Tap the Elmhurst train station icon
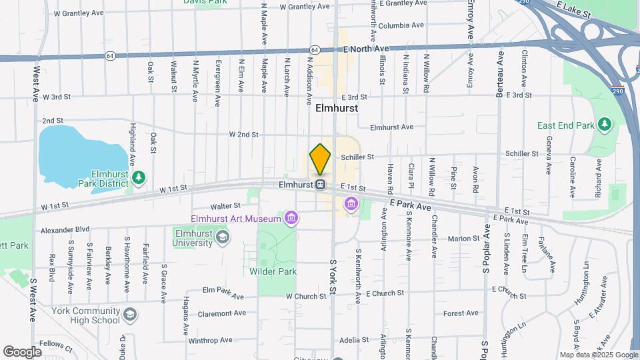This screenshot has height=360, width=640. click(321, 185)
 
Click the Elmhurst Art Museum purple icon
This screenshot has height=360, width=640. click(291, 217)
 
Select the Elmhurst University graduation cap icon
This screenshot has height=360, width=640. click(222, 237)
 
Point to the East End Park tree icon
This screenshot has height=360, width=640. click(604, 124)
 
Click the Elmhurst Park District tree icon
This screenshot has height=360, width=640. click(139, 177)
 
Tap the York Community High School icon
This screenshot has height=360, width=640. click(131, 315)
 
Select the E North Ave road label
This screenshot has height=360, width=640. click(366, 49)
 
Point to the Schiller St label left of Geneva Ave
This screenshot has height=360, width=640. click(522, 153)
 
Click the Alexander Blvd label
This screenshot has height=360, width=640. click(65, 229)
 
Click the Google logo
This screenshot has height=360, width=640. click(22, 351)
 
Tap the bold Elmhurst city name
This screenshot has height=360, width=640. click(337, 108)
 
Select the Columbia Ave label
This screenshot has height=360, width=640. click(401, 25)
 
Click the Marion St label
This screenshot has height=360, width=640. click(464, 238)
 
